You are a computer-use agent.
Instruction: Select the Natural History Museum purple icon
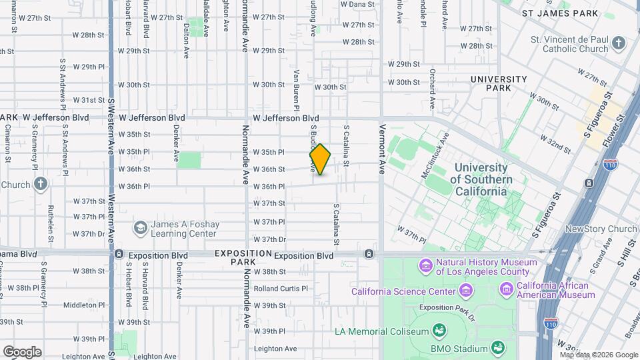tap(425, 267)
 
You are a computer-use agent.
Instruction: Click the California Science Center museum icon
tap(465, 291)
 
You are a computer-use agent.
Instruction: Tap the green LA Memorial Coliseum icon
tap(439, 331)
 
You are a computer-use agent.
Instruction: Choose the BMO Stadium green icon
tap(497, 347)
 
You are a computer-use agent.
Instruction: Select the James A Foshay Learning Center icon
tap(140, 229)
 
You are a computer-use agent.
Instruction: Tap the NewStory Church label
tap(601, 229)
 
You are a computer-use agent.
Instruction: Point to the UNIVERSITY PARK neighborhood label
tap(499, 83)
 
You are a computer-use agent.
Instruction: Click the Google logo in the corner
tap(22, 351)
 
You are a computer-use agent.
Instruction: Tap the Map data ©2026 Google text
tap(598, 355)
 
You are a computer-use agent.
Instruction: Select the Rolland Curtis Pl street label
tap(280, 289)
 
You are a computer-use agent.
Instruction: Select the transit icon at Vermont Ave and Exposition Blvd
tap(369, 255)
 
